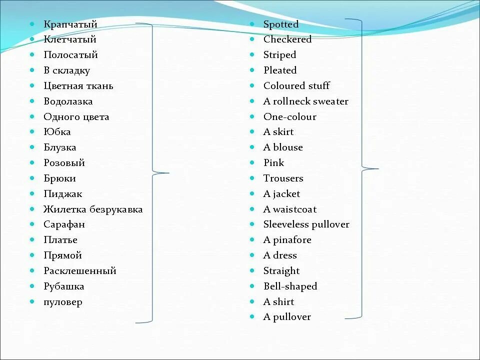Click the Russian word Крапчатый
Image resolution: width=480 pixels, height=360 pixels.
pos(70,24)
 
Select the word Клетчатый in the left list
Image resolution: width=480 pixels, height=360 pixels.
pos(69,39)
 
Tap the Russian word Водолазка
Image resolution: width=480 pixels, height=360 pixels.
pos(68,101)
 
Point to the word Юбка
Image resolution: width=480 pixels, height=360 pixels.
pos(57,132)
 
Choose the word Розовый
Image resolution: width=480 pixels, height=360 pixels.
pos(64,163)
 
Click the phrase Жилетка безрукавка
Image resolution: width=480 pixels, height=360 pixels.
pos(93,209)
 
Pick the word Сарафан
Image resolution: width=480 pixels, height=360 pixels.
pos(64,224)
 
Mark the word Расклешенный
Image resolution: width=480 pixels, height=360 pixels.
pos(80,271)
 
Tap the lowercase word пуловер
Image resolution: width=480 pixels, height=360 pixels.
pos(63,302)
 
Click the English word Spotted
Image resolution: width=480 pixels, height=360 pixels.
pos(281,24)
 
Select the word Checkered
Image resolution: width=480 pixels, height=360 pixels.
pos(287,39)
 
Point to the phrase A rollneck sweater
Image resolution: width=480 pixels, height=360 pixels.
pos(306,101)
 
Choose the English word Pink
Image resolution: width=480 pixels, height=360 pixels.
pos(273,163)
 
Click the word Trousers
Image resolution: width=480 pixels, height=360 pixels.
pos(283,178)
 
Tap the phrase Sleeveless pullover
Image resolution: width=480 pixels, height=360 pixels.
pos(306,224)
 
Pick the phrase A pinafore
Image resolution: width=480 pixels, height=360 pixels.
pos(287,240)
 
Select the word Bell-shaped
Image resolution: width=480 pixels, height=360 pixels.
pos(290,286)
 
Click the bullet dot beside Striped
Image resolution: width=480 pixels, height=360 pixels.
pos(252,55)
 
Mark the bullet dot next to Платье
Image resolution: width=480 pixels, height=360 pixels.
pos(32,240)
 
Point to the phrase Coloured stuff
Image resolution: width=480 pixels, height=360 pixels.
pos(296,86)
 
